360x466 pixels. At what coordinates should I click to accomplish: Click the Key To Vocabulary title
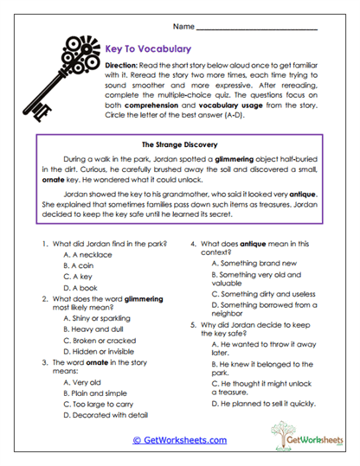point(141,49)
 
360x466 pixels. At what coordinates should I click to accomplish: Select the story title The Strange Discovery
point(178,144)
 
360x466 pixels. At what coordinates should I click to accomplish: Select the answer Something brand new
point(254,263)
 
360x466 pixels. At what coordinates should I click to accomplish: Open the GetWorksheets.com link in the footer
point(177,440)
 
